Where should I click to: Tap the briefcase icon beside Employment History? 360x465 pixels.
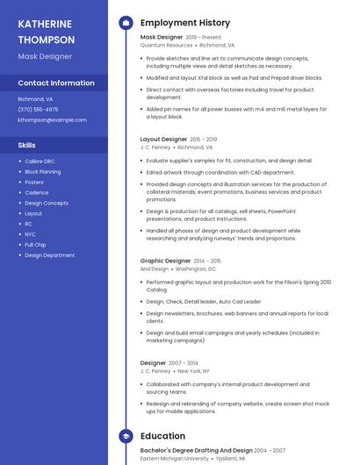[x=126, y=23]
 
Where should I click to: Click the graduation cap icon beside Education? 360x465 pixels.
[x=126, y=435]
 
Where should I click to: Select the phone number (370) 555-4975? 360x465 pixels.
[x=38, y=110]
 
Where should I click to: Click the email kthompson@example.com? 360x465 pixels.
[x=52, y=119]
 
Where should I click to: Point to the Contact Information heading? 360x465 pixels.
[x=56, y=83]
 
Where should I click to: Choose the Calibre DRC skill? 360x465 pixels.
[x=41, y=161]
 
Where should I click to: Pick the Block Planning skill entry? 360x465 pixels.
[x=43, y=172]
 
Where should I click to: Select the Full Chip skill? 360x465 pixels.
[x=35, y=245]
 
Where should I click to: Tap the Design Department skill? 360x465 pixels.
[x=49, y=255]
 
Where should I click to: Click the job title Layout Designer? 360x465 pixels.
[x=163, y=139]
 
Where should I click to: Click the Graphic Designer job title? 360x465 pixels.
[x=165, y=261]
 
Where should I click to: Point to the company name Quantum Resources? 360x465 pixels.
[x=166, y=45]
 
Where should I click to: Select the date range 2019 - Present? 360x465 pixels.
[x=204, y=38]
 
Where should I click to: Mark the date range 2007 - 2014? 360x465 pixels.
[x=184, y=362]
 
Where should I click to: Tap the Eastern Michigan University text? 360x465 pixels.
[x=175, y=458]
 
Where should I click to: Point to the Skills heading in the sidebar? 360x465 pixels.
[x=27, y=145]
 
